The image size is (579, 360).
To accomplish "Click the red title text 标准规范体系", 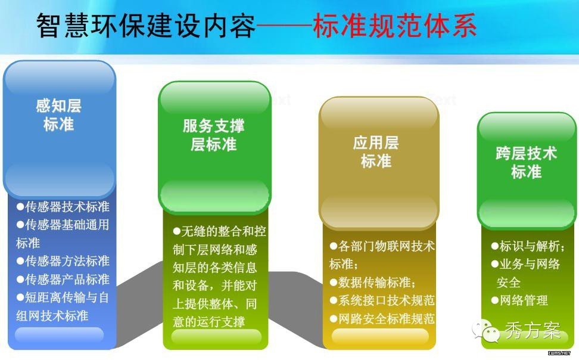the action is click(x=395, y=26).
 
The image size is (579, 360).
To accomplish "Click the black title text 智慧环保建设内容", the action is click(x=146, y=26).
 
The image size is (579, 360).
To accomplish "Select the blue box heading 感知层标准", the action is click(x=59, y=115).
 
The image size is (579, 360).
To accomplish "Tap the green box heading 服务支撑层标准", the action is click(x=213, y=135).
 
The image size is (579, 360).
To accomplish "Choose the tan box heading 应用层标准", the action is click(x=376, y=152).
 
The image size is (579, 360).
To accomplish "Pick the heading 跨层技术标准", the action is click(x=526, y=163).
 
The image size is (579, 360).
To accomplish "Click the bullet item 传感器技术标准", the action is click(x=63, y=207).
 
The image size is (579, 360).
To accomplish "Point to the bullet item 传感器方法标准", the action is click(x=63, y=261).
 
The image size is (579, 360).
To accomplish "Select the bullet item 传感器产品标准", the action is click(x=63, y=279).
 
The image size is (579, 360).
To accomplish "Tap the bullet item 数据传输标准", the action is click(x=373, y=283).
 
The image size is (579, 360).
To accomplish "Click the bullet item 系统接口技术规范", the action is click(x=382, y=300).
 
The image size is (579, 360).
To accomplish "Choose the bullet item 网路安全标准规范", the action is click(x=382, y=319).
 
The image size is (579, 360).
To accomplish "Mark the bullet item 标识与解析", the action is click(x=528, y=246).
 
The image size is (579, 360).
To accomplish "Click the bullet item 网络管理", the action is click(x=519, y=300).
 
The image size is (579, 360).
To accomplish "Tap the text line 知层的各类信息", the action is click(x=214, y=268).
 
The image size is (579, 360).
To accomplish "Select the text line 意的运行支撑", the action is click(x=208, y=322).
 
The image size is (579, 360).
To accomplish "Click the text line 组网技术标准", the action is click(x=52, y=316).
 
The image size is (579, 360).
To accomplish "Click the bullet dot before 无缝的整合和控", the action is click(x=176, y=232).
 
